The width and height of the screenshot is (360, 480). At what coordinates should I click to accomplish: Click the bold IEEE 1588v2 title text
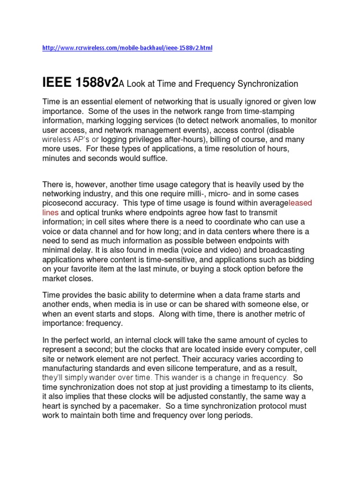pyautogui.click(x=74, y=83)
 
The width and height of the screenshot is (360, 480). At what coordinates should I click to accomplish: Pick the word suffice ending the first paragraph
pyautogui.click(x=153, y=158)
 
